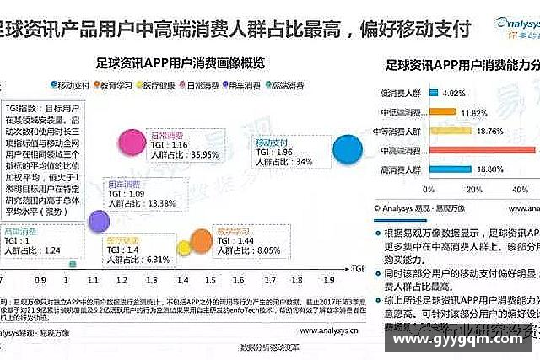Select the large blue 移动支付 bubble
(x=348, y=150)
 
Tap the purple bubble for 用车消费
(x=99, y=220)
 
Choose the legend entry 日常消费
(x=203, y=85)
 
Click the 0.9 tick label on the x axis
(x=41, y=277)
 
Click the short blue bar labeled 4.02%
(x=432, y=92)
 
